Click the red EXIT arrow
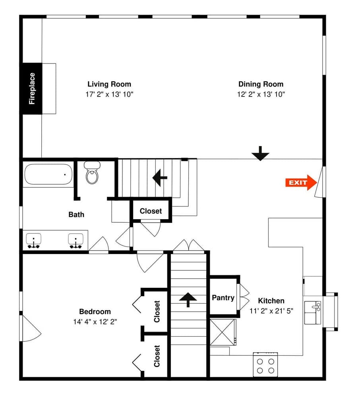[301, 183]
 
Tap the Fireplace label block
[32, 89]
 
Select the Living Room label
[109, 84]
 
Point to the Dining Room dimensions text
[261, 94]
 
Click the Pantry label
[223, 297]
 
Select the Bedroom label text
[95, 312]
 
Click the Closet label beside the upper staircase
[151, 211]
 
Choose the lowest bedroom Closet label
[157, 356]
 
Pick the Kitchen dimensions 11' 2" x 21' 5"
[271, 311]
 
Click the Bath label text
[76, 214]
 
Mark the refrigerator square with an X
[223, 333]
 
